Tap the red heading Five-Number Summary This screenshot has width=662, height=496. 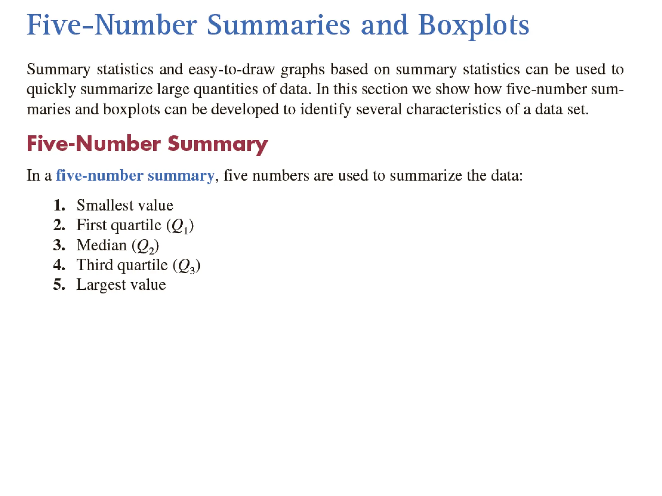(x=147, y=144)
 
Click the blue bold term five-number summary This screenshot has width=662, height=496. (x=135, y=176)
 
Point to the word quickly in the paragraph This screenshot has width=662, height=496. (x=51, y=89)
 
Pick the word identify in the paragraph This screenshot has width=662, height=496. (x=326, y=109)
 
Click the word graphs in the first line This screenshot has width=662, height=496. (x=303, y=69)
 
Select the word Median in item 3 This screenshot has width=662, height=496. (x=101, y=245)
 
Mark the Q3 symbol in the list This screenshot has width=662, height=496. (x=187, y=266)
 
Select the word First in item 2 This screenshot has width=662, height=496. (x=91, y=225)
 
